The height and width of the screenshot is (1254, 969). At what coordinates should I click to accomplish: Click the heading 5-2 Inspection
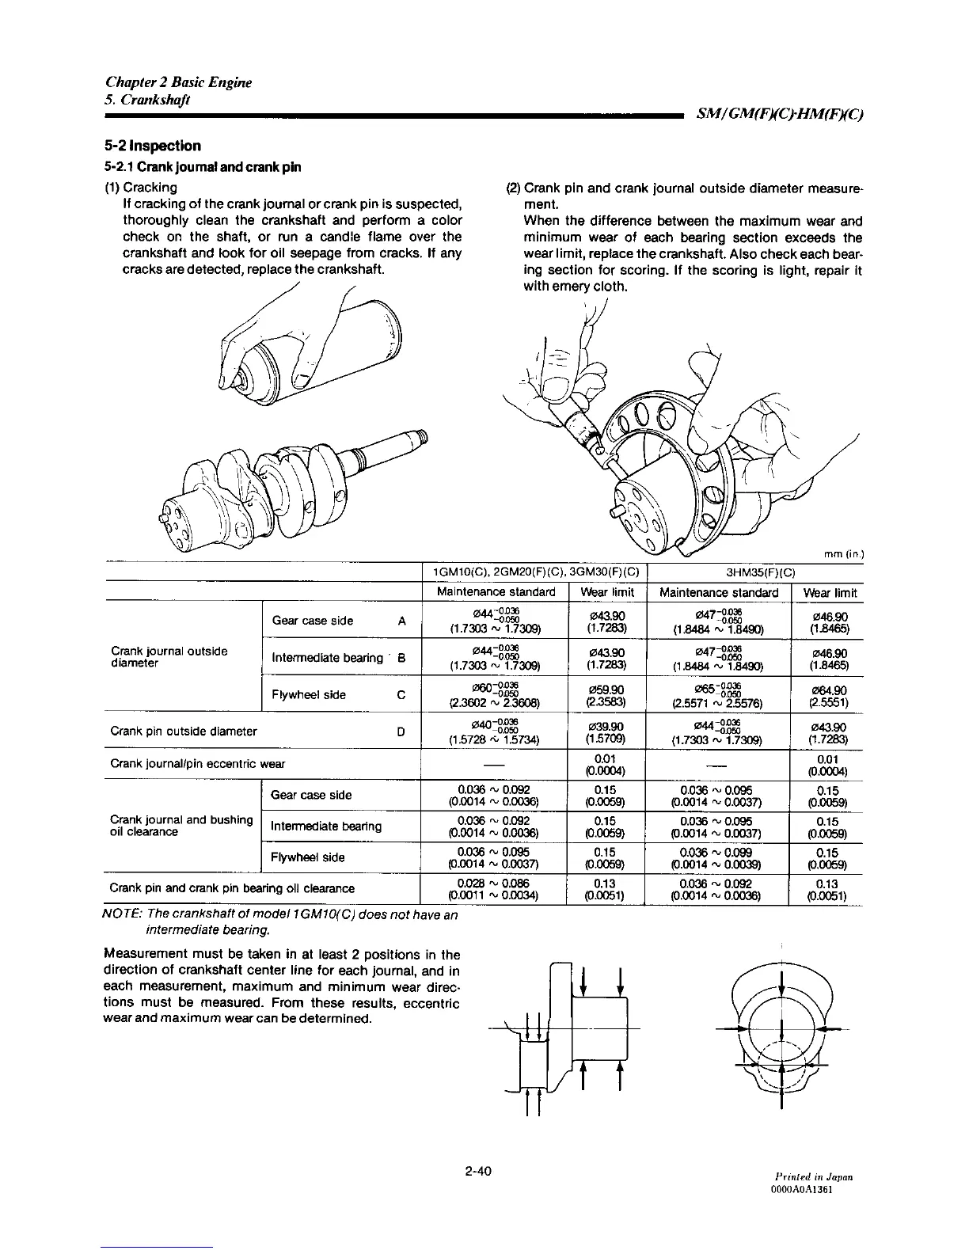click(151, 146)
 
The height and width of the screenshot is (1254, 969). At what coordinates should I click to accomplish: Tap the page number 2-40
click(480, 1170)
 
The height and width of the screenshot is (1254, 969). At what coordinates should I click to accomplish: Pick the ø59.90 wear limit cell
click(607, 695)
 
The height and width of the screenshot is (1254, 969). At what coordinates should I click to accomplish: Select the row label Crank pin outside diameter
click(184, 731)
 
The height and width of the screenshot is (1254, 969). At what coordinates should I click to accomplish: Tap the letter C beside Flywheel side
click(401, 695)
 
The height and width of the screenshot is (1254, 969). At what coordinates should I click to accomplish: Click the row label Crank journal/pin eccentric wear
click(198, 764)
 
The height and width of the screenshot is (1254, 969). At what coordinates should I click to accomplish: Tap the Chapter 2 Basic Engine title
click(179, 82)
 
